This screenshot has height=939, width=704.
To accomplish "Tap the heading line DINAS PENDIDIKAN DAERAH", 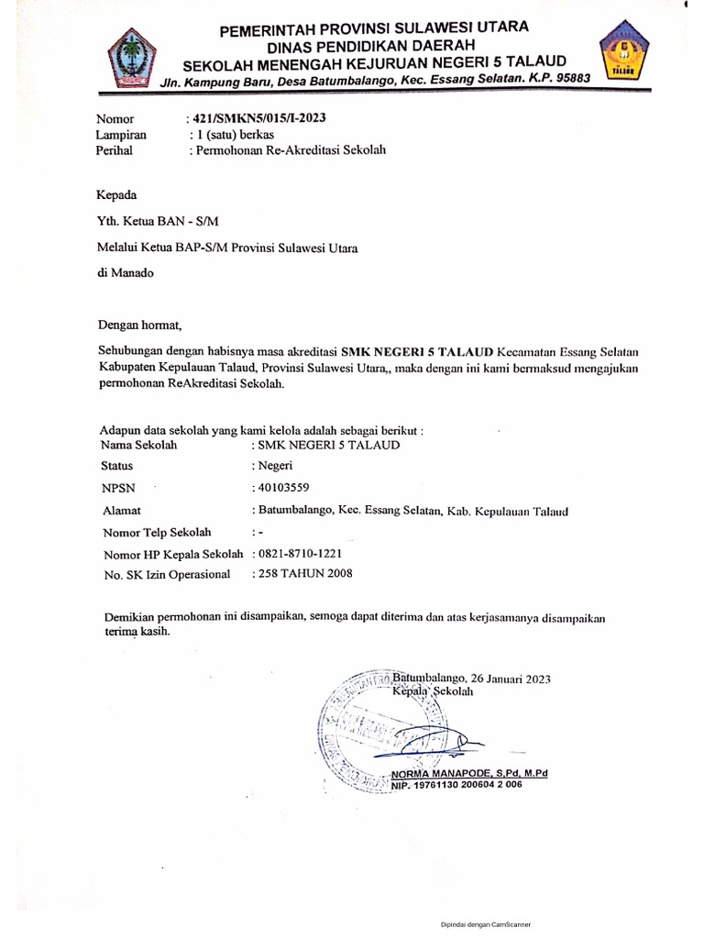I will coord(371,45).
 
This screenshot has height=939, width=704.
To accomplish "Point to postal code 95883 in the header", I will coord(569,80).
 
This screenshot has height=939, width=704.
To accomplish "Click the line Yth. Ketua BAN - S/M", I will coord(159,221).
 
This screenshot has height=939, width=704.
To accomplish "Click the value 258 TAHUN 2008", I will coord(305,574).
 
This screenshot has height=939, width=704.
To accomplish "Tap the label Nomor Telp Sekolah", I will coord(158,532).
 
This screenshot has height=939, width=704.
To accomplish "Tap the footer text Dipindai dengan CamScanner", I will coord(485,924).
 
